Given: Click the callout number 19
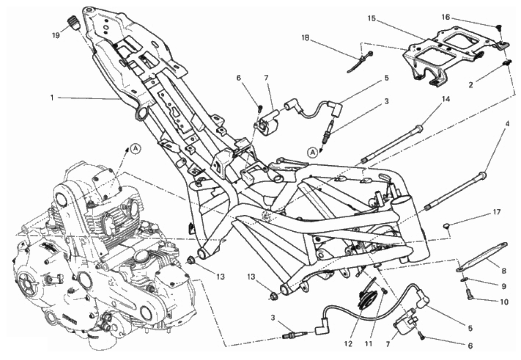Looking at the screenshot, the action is (56, 35).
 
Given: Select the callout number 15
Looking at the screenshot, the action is (372, 18).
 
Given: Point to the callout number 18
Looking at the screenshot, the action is (305, 38).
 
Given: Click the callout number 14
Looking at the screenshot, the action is (445, 99).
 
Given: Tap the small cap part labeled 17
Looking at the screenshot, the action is (447, 226).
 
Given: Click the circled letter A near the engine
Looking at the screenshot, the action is (134, 149).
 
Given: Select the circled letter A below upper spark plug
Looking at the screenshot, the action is (311, 153).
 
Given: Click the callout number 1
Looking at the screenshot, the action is (51, 98).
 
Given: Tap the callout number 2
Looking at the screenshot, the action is (470, 85).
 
